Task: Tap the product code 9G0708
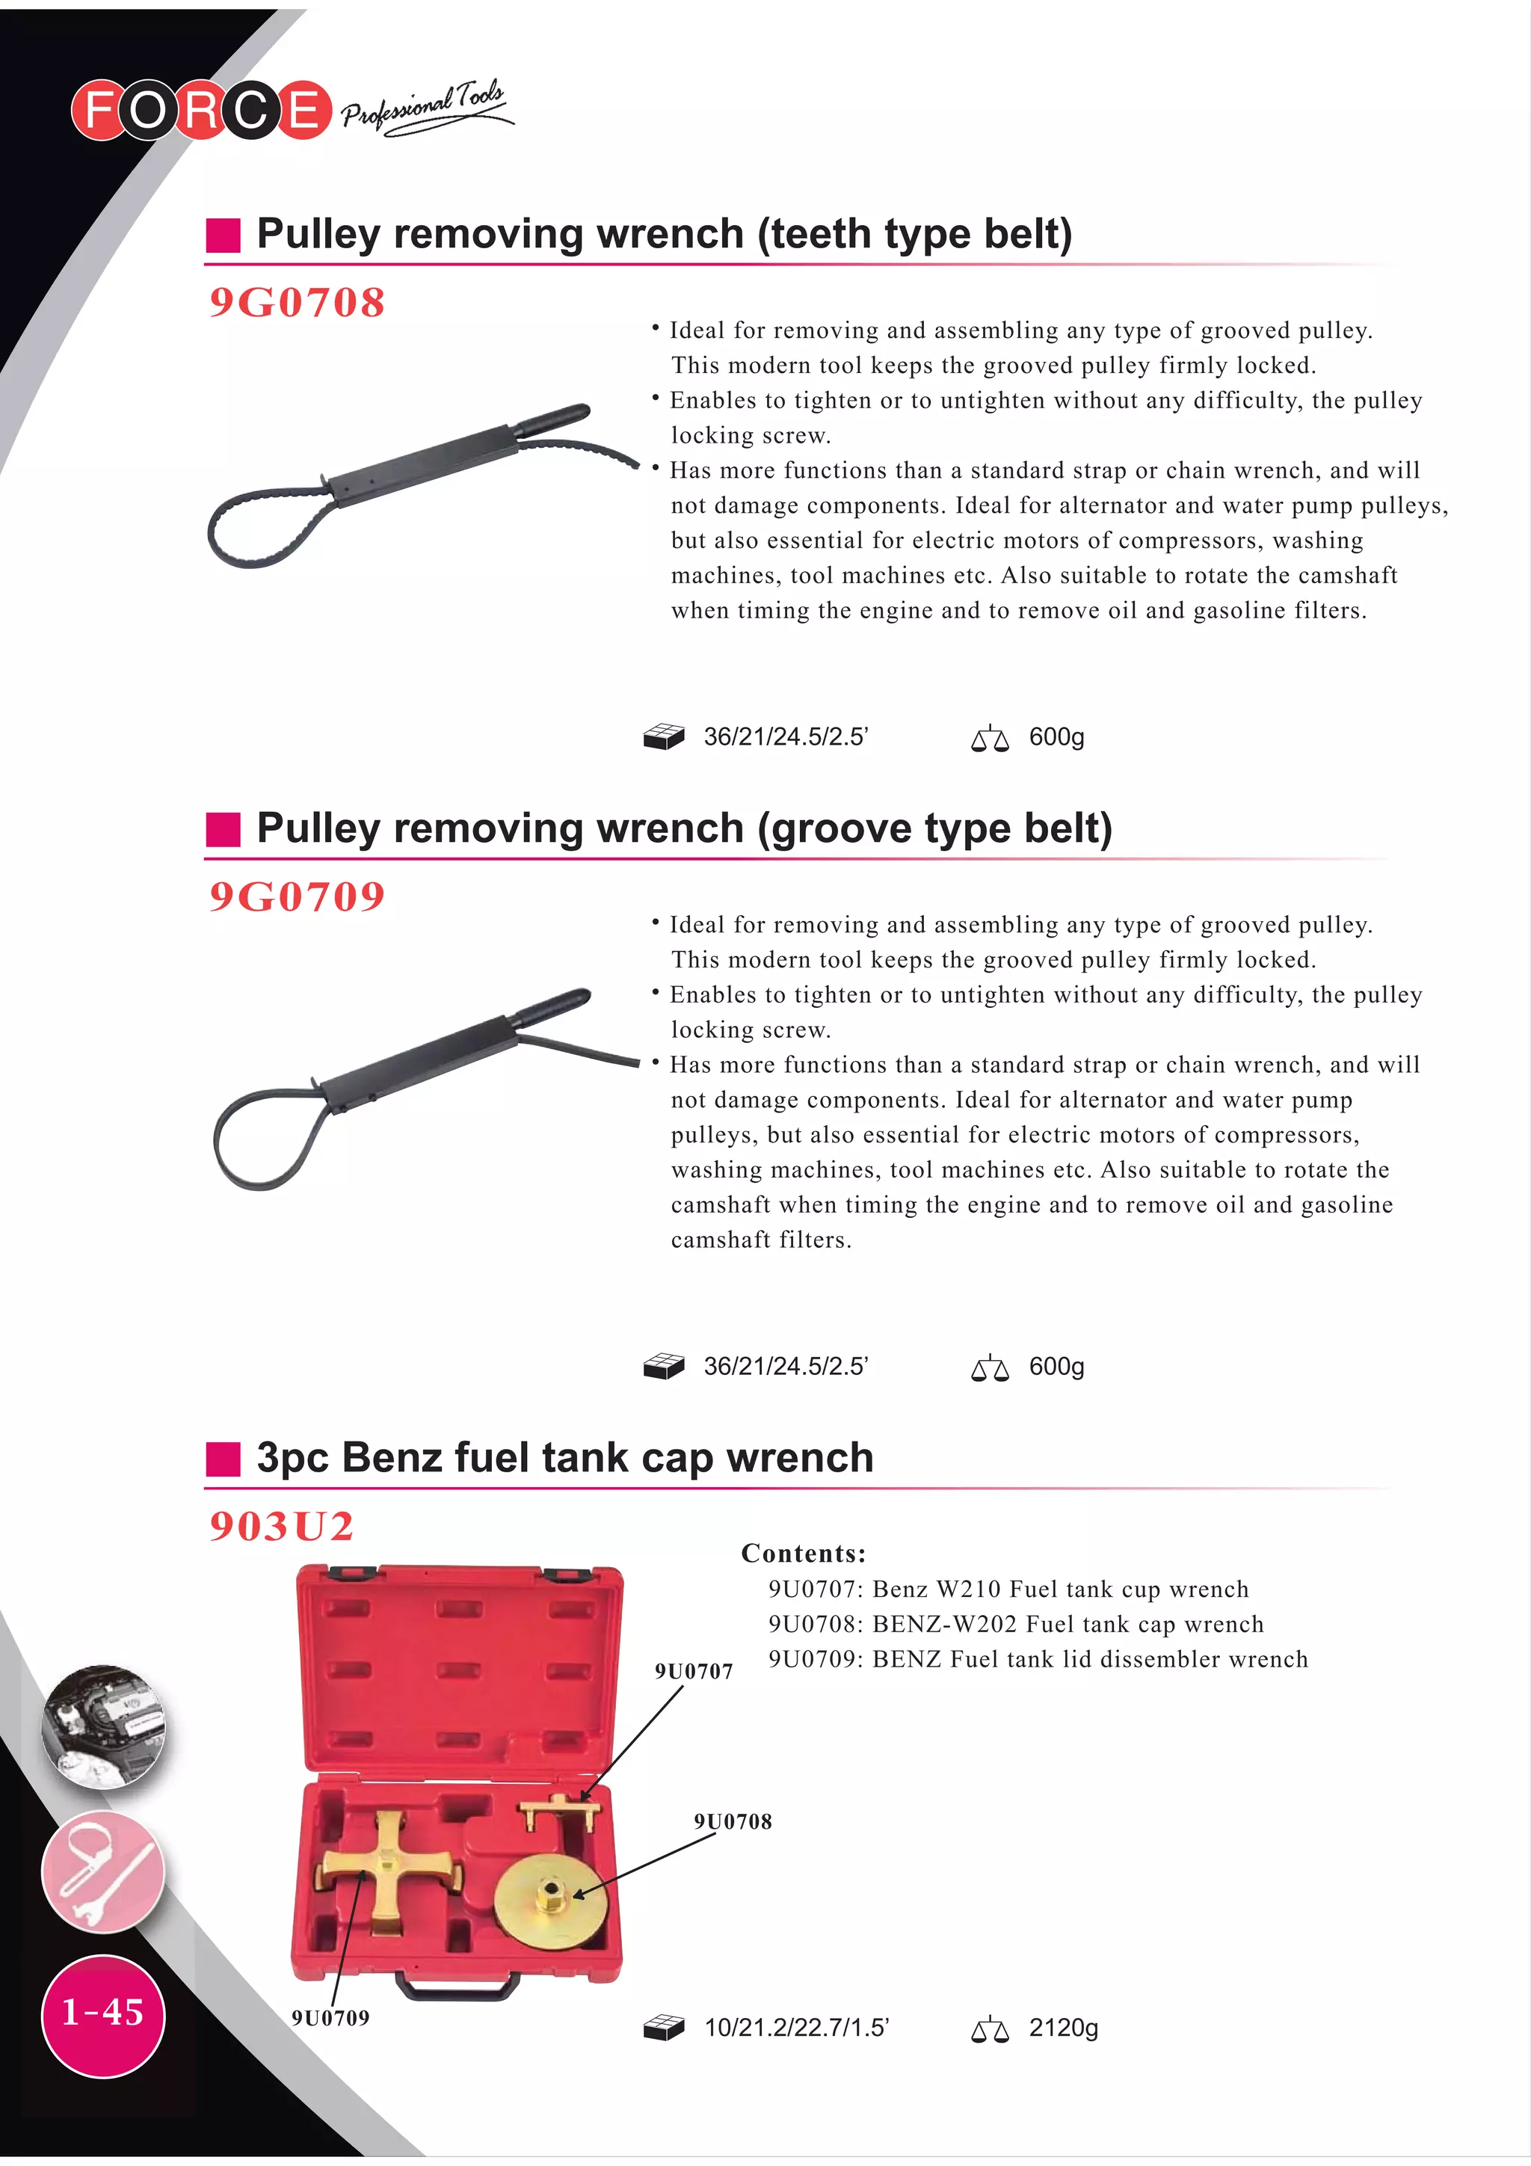click(x=297, y=303)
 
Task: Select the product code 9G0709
click(x=297, y=896)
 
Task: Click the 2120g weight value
click(x=1063, y=2028)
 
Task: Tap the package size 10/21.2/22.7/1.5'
click(x=796, y=2028)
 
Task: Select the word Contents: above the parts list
click(x=803, y=1554)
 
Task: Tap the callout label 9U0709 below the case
click(x=330, y=2018)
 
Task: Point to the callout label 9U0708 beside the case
click(x=733, y=1821)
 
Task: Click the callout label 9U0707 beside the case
click(x=693, y=1672)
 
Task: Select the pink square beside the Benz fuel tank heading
click(x=224, y=1459)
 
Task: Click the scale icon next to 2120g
click(x=990, y=2028)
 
